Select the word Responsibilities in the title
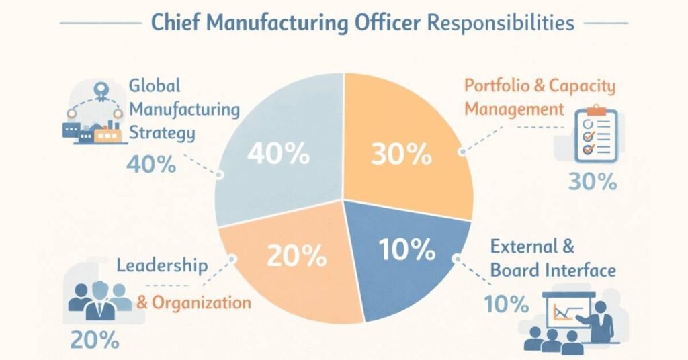coord(501,23)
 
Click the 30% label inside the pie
coord(401,154)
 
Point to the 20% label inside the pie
coord(297,255)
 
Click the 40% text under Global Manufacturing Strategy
coord(151,163)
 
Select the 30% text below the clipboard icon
coord(593,181)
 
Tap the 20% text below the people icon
coord(95,340)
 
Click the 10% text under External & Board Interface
coord(507,304)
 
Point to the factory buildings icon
coord(94,131)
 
